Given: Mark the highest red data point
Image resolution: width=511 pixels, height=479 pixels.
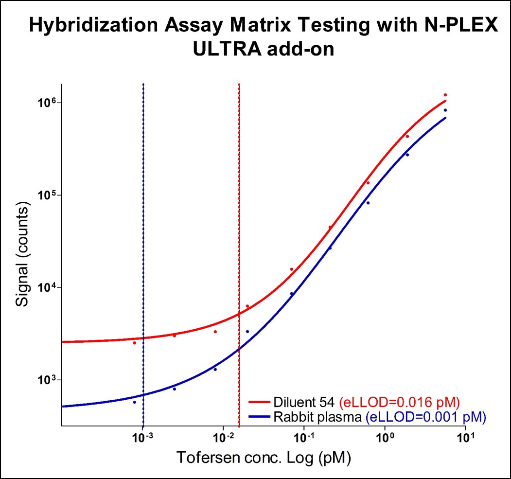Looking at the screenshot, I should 445,95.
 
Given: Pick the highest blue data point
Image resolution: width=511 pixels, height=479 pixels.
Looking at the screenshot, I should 445,110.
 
